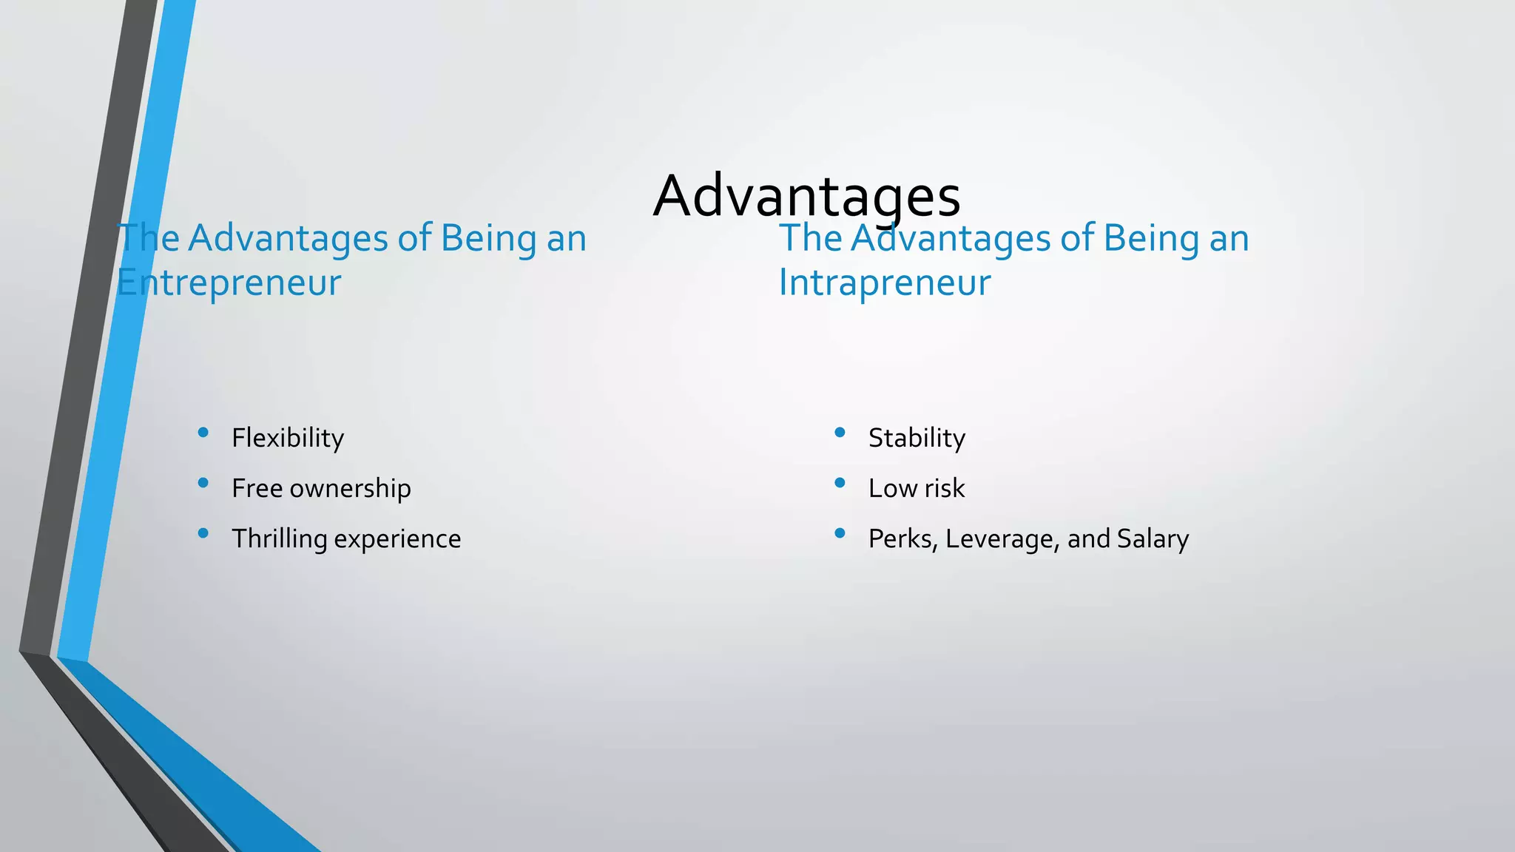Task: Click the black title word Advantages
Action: pyautogui.click(x=806, y=196)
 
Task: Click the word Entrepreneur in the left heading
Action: pyautogui.click(x=229, y=283)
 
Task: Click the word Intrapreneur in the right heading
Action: pyautogui.click(x=884, y=283)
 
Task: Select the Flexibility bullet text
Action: pyautogui.click(x=288, y=438)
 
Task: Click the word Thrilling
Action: pyautogui.click(x=280, y=538)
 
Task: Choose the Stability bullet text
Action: pyautogui.click(x=917, y=438)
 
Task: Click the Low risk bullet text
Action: pyautogui.click(x=917, y=488)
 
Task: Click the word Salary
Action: pyautogui.click(x=1153, y=539)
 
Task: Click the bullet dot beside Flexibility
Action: pyautogui.click(x=203, y=433)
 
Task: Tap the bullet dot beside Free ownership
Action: pyautogui.click(x=203, y=483)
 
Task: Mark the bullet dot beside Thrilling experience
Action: pyautogui.click(x=203, y=533)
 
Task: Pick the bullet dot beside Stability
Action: pyautogui.click(x=840, y=433)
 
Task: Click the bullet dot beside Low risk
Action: pyautogui.click(x=840, y=483)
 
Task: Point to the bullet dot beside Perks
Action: pyautogui.click(x=840, y=533)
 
